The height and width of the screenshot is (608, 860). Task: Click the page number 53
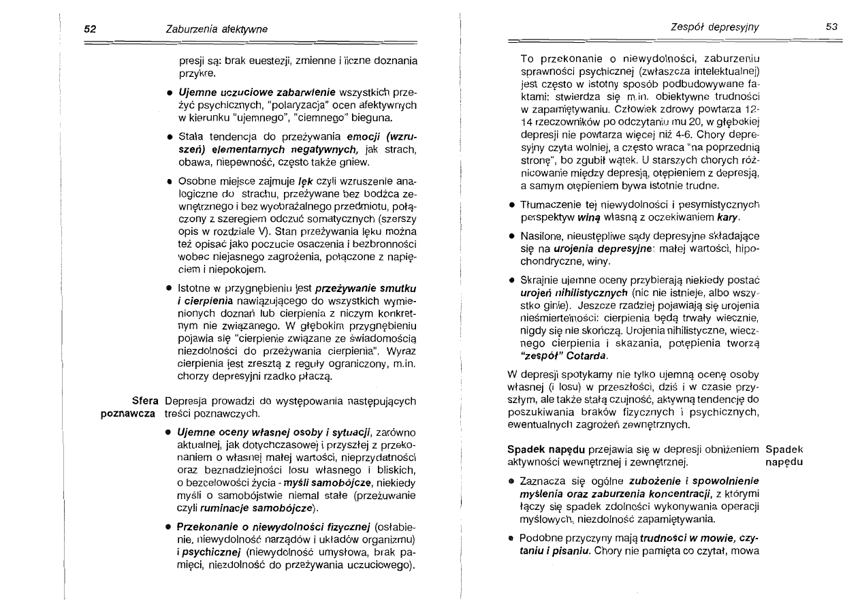click(831, 27)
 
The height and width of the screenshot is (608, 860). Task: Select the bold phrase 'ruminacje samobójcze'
click(255, 508)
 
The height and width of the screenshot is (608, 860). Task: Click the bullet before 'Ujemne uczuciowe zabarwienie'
click(168, 91)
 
